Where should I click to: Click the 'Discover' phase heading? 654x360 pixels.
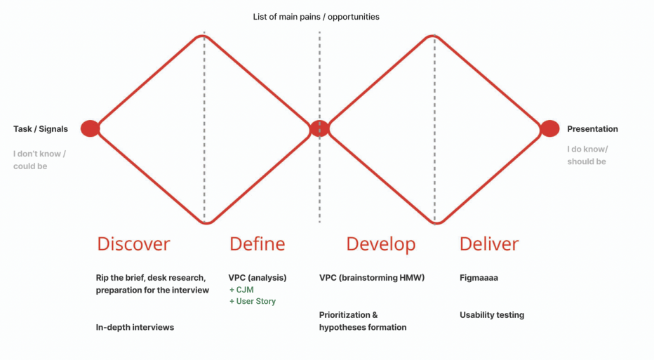coord(133,244)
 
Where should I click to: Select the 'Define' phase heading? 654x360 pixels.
coord(257,244)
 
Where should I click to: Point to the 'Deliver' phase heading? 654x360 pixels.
coord(489,244)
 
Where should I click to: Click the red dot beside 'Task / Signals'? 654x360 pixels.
coord(90,128)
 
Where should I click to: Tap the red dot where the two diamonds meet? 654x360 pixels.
coord(319,128)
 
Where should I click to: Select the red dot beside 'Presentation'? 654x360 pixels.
coord(549,128)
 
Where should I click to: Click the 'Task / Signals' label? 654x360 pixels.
coord(41,129)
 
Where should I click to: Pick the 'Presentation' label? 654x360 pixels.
coord(592,129)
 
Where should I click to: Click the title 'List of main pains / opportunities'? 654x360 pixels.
coord(316,17)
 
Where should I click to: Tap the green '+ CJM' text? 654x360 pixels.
coord(241,290)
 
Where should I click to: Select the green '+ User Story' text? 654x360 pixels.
coord(253,301)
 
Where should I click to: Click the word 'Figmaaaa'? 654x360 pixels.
coord(479,278)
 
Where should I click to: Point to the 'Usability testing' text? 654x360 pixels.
coord(492,315)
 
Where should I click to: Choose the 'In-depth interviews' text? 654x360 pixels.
coord(135,328)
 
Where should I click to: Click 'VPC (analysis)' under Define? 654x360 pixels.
coord(258,278)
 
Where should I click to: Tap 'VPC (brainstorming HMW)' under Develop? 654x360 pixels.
coord(372,278)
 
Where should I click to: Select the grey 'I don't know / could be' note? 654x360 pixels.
coord(39,160)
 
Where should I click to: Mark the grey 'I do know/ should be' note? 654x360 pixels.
coord(587,155)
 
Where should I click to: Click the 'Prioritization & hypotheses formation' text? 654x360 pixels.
coord(363,321)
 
